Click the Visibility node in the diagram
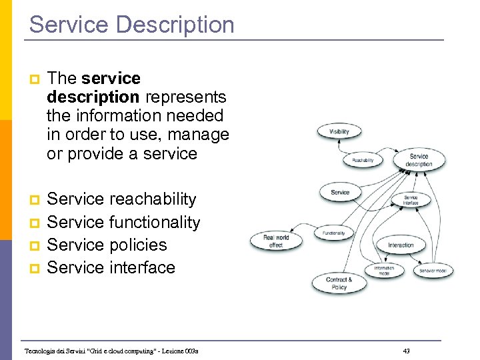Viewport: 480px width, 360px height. (339, 131)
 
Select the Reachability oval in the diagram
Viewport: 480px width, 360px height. (362, 160)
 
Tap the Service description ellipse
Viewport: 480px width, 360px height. (419, 160)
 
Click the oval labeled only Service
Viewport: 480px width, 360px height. (340, 193)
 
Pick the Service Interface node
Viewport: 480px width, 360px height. (411, 199)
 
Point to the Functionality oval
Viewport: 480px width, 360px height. (333, 233)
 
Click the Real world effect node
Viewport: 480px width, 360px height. (276, 241)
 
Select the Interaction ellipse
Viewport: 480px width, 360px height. (401, 245)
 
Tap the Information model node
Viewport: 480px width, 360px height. (383, 271)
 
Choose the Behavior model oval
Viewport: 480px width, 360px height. (433, 271)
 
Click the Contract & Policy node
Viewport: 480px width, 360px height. (339, 283)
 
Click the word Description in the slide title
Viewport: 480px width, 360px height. (175, 25)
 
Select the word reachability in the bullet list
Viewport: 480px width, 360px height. (153, 199)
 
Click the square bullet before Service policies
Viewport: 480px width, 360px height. (37, 245)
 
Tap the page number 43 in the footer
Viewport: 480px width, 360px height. (407, 351)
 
